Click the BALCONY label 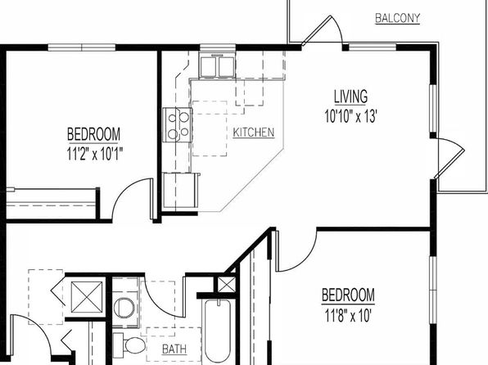point(397,18)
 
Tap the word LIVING point(350,97)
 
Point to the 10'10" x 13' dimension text point(350,116)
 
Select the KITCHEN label point(254,133)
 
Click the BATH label point(174,349)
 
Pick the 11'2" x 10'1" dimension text point(94,153)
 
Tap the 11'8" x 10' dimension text point(348,316)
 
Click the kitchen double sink point(218,66)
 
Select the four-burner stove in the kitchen point(178,124)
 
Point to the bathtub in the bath point(218,331)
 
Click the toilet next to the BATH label point(129,344)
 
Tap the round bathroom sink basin point(124,308)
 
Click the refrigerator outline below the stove point(181,190)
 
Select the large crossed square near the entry point(87,297)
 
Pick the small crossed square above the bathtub point(226,285)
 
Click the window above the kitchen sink point(218,47)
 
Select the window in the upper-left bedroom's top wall point(82,47)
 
